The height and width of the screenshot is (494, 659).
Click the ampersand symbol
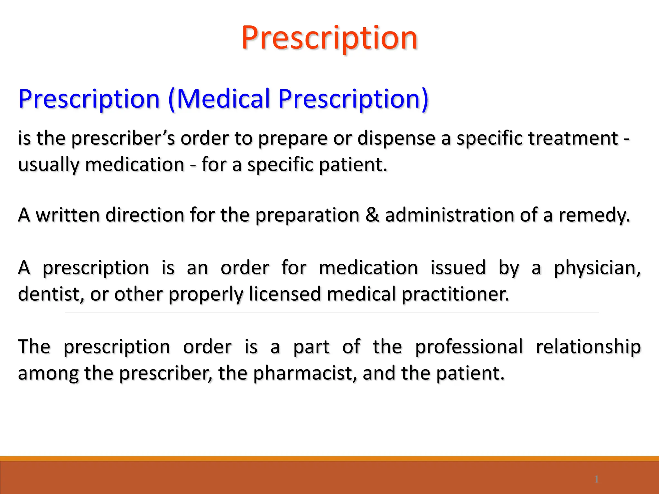point(372,215)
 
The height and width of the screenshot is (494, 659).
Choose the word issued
point(458,268)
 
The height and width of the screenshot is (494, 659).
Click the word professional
point(469,347)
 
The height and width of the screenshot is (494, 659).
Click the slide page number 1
point(596,479)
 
